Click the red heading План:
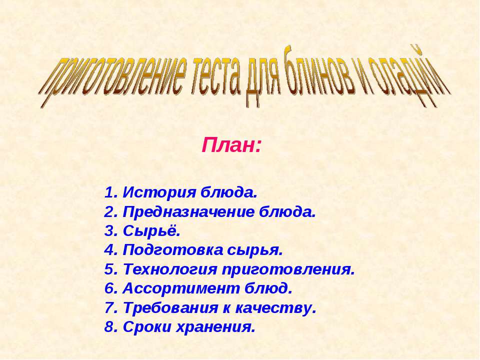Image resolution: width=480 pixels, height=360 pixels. (232, 145)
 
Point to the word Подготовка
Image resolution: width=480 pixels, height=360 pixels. (172, 250)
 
